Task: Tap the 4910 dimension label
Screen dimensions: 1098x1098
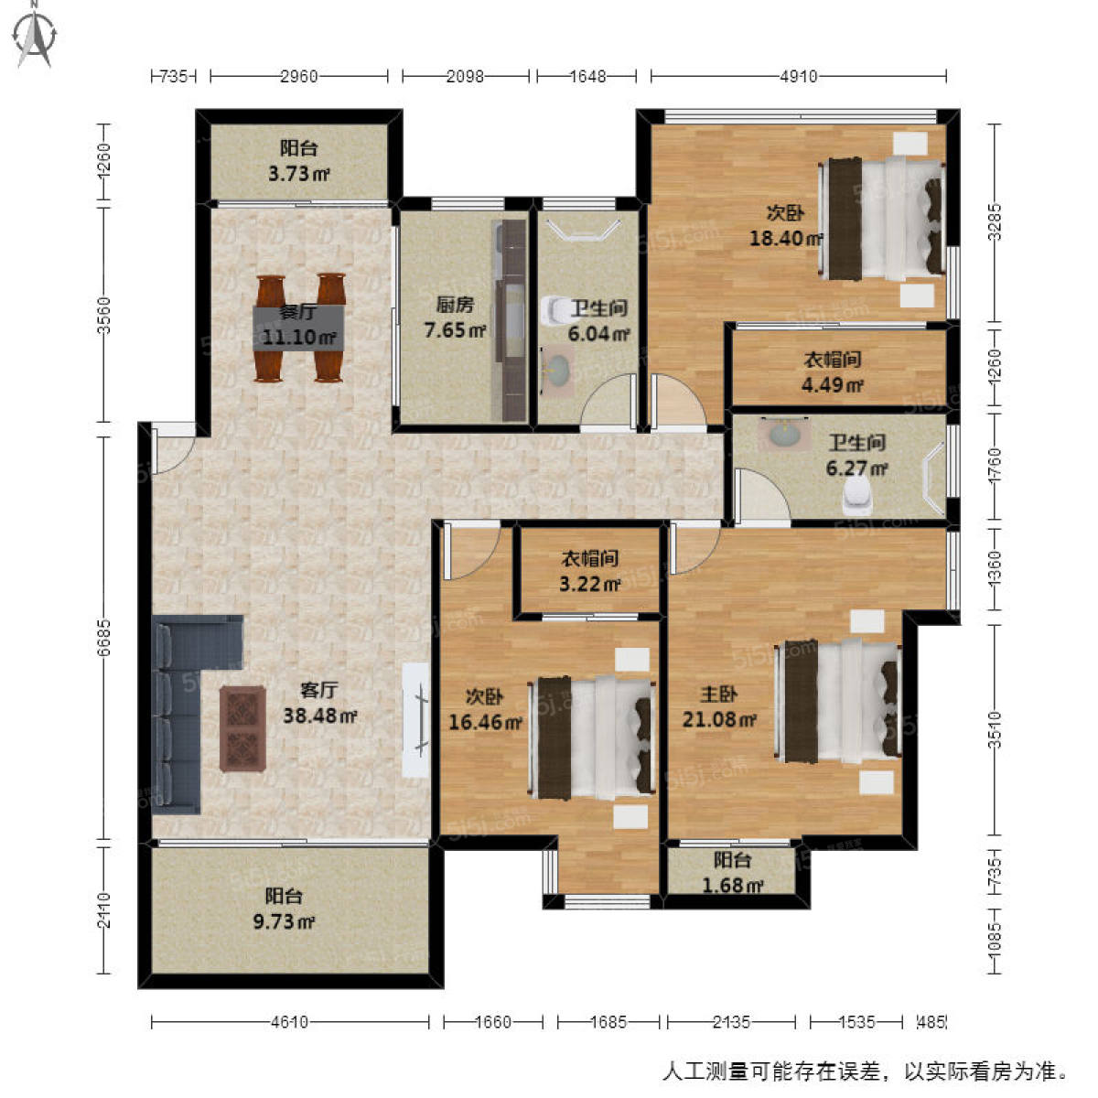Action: click(799, 76)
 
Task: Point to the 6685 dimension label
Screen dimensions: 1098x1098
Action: click(103, 637)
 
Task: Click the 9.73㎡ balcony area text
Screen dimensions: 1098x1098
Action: click(283, 921)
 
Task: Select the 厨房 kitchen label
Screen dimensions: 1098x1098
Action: click(455, 305)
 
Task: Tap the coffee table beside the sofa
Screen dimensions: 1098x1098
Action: click(243, 728)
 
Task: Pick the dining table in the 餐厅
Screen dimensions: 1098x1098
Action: click(298, 328)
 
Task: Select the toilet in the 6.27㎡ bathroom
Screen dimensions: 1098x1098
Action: click(857, 492)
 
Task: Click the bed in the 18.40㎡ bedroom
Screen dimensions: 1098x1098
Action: click(882, 220)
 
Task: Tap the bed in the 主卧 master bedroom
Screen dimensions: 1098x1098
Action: click(837, 702)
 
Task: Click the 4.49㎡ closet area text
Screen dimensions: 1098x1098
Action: click(832, 386)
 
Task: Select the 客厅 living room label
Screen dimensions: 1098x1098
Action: click(319, 690)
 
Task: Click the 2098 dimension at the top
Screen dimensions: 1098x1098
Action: click(465, 76)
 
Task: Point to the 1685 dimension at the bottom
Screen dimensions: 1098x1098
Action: click(608, 1022)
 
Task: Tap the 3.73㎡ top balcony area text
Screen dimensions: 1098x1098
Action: click(298, 173)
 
